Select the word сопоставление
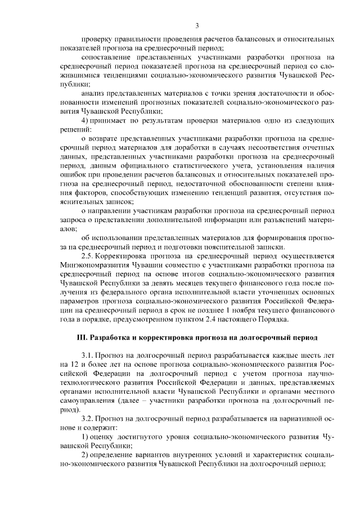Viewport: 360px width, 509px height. (x=108, y=57)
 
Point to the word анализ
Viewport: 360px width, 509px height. (x=93, y=93)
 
